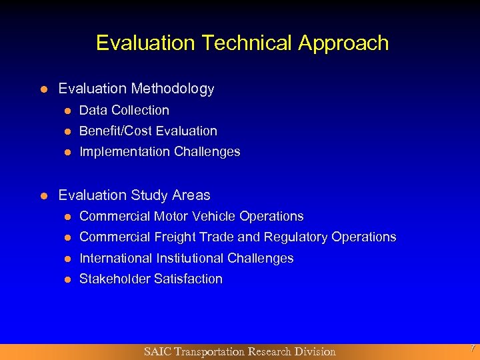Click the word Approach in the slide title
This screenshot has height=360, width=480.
pyautogui.click(x=343, y=43)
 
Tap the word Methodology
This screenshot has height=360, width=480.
pyautogui.click(x=173, y=89)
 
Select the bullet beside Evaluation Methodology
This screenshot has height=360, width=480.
pyautogui.click(x=43, y=89)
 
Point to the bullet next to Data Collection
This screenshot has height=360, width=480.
pyautogui.click(x=67, y=111)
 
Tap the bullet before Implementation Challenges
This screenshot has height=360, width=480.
pyautogui.click(x=67, y=152)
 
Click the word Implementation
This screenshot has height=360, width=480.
pyautogui.click(x=125, y=151)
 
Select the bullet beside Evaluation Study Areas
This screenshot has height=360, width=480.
pyautogui.click(x=43, y=196)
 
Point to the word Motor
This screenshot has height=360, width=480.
pyautogui.click(x=172, y=216)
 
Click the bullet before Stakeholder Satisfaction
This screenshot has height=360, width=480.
pyautogui.click(x=67, y=279)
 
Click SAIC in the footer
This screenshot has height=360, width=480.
pyautogui.click(x=157, y=351)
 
